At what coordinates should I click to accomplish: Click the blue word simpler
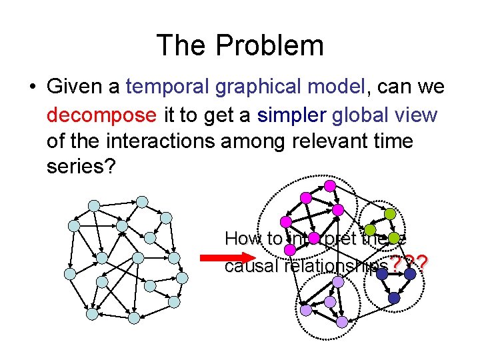click(289, 115)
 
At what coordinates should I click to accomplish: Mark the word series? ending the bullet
click(82, 167)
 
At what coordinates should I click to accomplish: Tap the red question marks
click(409, 265)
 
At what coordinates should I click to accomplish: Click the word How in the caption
click(243, 238)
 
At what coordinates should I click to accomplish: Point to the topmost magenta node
click(329, 185)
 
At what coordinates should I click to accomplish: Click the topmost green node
click(388, 214)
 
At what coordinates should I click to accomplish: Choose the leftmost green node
click(369, 231)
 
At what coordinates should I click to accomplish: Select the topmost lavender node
click(338, 282)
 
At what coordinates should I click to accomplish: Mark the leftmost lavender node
click(305, 310)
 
